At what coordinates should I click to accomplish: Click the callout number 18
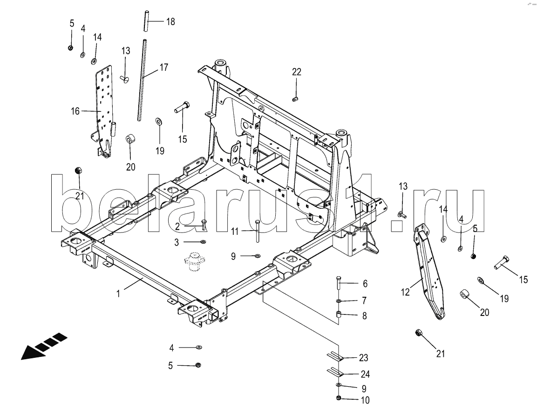tap(170, 22)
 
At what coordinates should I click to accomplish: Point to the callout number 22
tap(297, 72)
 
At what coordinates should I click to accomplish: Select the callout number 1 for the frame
tap(118, 294)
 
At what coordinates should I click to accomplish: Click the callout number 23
tap(364, 358)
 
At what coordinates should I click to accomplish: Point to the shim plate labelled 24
tap(334, 371)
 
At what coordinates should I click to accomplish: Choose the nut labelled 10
tap(339, 398)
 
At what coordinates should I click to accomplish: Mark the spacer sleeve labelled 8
tap(339, 314)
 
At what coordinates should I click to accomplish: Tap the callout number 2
tap(177, 226)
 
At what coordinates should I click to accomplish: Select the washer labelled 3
tap(203, 242)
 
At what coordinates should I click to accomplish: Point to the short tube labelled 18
tap(146, 21)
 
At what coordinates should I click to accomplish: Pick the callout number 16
tap(75, 111)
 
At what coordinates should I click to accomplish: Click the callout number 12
tap(405, 292)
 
